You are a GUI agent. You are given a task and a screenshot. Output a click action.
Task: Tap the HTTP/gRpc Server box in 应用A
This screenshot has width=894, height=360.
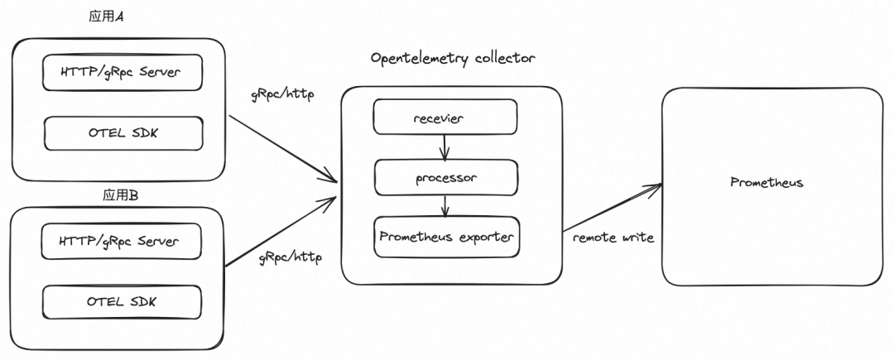(x=123, y=74)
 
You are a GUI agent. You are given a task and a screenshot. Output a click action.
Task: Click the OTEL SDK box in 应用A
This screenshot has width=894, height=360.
(x=123, y=132)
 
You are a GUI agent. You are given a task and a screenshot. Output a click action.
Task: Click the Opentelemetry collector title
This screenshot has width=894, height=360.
(x=453, y=59)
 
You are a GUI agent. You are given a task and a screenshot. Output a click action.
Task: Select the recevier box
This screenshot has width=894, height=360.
(x=446, y=118)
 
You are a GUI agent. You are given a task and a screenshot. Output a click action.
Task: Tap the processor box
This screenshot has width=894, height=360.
(x=446, y=177)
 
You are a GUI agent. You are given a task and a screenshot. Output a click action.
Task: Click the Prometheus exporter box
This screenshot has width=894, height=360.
(x=446, y=237)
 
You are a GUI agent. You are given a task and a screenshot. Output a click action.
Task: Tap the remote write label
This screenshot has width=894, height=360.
(x=613, y=238)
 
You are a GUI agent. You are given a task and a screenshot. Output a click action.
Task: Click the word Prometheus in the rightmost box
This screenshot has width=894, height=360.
(x=766, y=182)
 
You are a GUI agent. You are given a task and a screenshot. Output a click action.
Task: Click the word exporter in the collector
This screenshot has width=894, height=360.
(x=484, y=237)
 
